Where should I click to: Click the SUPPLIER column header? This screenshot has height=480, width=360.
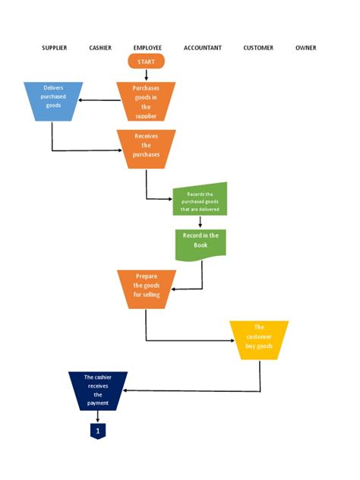pos(54,48)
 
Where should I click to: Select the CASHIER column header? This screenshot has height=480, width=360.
pos(100,48)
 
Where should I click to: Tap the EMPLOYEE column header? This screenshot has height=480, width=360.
pos(147,48)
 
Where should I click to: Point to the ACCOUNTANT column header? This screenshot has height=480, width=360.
pos(203,48)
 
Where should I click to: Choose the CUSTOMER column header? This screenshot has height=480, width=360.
pos(258,48)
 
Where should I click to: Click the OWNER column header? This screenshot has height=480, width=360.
pos(306,48)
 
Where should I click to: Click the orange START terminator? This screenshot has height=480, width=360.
pos(147,62)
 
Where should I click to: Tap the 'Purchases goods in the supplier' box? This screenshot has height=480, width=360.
pos(147,102)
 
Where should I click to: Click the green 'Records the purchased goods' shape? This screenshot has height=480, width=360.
pos(201,199)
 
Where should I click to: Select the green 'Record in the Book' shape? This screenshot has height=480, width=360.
pos(201,244)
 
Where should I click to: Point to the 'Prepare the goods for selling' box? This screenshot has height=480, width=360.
pos(147,289)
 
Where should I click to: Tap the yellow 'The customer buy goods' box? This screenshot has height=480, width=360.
pos(259,339)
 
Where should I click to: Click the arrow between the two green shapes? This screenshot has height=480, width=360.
pos(201,222)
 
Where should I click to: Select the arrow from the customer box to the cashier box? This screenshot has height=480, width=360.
pos(190,390)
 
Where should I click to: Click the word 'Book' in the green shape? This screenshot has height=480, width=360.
pos(201,245)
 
